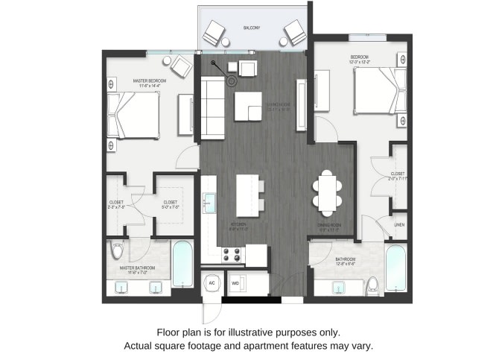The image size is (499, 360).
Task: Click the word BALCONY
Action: [251, 28]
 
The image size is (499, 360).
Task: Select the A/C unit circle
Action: [212, 283]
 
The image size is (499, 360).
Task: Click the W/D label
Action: [235, 283]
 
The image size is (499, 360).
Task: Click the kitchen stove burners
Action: [232, 255]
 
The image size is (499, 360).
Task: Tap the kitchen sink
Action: [210, 200]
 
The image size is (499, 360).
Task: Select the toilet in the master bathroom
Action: [116, 249]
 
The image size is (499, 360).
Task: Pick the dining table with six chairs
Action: [327, 189]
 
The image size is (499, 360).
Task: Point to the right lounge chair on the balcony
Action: [293, 32]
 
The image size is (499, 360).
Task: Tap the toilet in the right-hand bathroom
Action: [372, 283]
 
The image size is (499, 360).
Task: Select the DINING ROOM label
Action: [328, 227]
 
